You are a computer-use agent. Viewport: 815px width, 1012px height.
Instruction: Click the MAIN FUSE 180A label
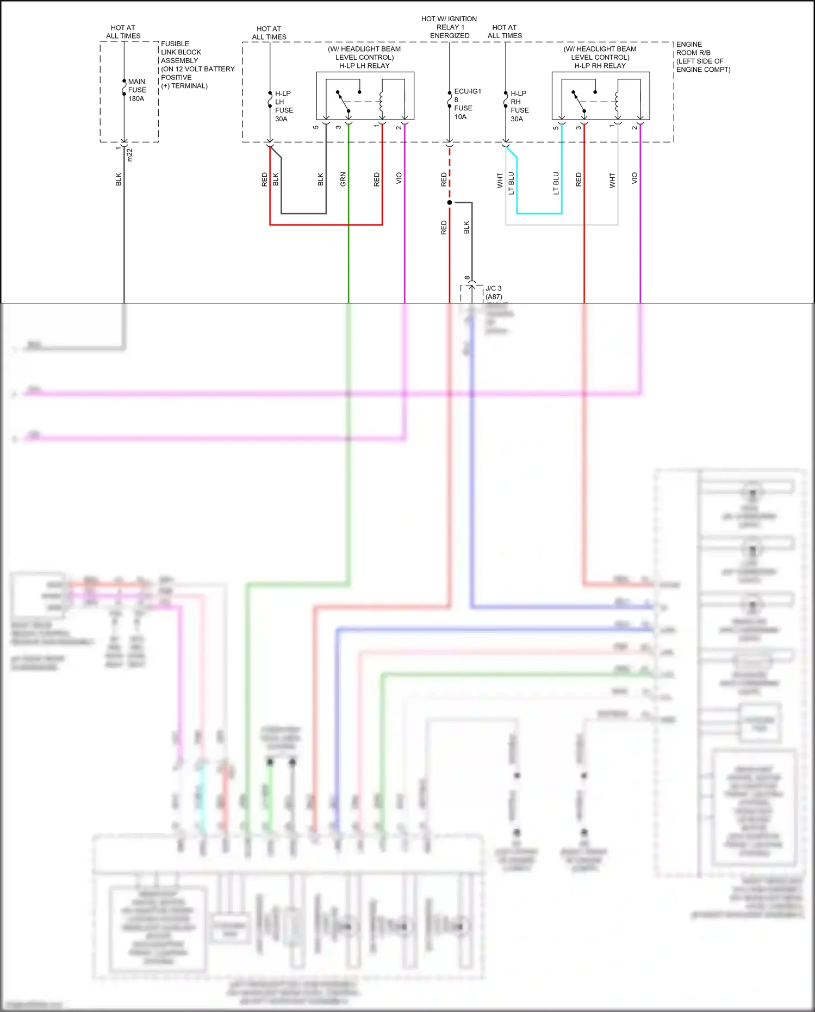pyautogui.click(x=136, y=90)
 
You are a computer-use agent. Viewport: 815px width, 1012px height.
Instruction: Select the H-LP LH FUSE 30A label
pyautogui.click(x=283, y=106)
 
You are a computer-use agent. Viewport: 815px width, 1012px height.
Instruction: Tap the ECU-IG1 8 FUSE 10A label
pyautogui.click(x=466, y=104)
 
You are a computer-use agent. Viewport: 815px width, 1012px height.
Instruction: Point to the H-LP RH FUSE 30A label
pyautogui.click(x=519, y=106)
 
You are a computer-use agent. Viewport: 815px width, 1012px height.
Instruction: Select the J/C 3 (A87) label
pyautogui.click(x=494, y=293)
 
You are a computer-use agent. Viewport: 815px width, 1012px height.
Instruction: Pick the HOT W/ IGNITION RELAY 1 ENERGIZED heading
pyautogui.click(x=449, y=27)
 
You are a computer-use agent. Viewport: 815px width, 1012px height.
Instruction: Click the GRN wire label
pyautogui.click(x=343, y=179)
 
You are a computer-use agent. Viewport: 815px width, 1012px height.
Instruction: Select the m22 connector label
pyautogui.click(x=129, y=155)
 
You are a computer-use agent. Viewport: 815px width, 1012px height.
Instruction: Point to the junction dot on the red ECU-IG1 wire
pyautogui.click(x=450, y=203)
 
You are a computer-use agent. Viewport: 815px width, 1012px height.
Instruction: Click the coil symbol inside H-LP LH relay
pyautogui.click(x=381, y=101)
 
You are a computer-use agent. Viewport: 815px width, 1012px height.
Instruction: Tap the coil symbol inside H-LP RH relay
pyautogui.click(x=617, y=101)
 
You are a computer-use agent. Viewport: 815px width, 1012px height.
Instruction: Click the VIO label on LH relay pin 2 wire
pyautogui.click(x=399, y=178)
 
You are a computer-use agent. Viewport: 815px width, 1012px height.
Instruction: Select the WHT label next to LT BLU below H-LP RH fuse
pyautogui.click(x=500, y=181)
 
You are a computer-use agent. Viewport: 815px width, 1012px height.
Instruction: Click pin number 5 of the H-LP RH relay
pyautogui.click(x=556, y=128)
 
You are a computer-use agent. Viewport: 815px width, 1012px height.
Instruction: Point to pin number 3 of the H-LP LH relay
pyautogui.click(x=338, y=127)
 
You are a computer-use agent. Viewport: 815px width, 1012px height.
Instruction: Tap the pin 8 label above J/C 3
pyautogui.click(x=467, y=278)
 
